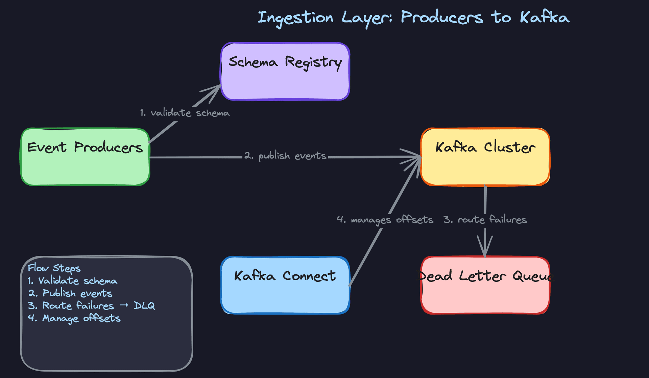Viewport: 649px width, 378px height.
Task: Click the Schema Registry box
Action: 285,72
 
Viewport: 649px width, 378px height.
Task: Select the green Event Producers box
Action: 85,157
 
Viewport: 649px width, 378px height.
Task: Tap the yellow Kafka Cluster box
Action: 485,157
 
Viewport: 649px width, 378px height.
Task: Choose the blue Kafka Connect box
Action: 285,285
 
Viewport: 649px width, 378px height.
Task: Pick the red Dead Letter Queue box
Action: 485,285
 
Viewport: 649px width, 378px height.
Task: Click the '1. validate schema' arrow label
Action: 185,113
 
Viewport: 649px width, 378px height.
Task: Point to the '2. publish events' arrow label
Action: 285,156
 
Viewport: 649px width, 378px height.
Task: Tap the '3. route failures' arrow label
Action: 485,220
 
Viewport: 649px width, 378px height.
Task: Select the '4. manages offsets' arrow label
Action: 385,220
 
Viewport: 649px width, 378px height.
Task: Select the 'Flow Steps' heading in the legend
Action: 54,268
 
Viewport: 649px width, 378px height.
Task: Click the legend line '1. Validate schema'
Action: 73,281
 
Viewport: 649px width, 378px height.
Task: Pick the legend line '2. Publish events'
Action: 70,293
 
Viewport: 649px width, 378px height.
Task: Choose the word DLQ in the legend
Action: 144,306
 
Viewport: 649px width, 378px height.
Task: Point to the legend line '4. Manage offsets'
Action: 74,318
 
